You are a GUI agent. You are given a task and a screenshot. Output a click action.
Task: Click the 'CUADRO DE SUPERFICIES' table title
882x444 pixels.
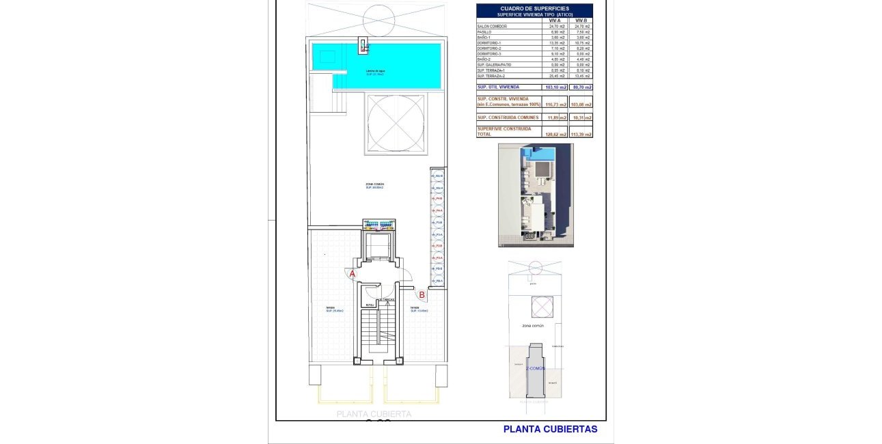pos(534,8)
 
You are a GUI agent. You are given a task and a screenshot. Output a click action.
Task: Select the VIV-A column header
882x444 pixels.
pos(554,20)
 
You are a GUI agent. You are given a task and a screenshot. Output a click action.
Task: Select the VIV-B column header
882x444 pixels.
pos(581,20)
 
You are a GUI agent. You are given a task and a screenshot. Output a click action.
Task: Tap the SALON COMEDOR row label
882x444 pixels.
pos(492,27)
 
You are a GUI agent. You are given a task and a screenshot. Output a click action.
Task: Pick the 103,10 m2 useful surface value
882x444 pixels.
pos(554,87)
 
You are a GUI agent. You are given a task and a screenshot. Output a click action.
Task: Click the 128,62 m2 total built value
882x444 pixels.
pos(555,135)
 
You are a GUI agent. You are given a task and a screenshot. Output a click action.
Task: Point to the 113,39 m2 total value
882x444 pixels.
pos(581,135)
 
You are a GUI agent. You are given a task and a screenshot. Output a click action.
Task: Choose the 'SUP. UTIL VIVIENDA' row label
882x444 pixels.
pos(499,87)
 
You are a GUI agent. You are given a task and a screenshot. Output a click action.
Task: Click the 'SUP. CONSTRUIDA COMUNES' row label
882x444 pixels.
pos(508,117)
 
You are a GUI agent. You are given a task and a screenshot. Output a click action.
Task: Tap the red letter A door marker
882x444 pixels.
pos(353,274)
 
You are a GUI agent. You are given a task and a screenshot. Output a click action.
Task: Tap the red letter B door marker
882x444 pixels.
pos(422,295)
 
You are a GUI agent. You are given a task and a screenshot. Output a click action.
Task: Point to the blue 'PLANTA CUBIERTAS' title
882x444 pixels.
pos(550,429)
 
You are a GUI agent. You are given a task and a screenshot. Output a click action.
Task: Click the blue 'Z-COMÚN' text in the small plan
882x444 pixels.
pos(536,367)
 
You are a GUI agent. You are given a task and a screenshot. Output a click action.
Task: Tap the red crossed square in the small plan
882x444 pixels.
pos(542,307)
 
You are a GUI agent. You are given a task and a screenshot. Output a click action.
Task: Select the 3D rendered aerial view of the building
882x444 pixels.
pos(536,195)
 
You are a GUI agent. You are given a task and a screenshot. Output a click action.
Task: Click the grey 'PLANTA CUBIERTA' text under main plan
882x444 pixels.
pos(374,414)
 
